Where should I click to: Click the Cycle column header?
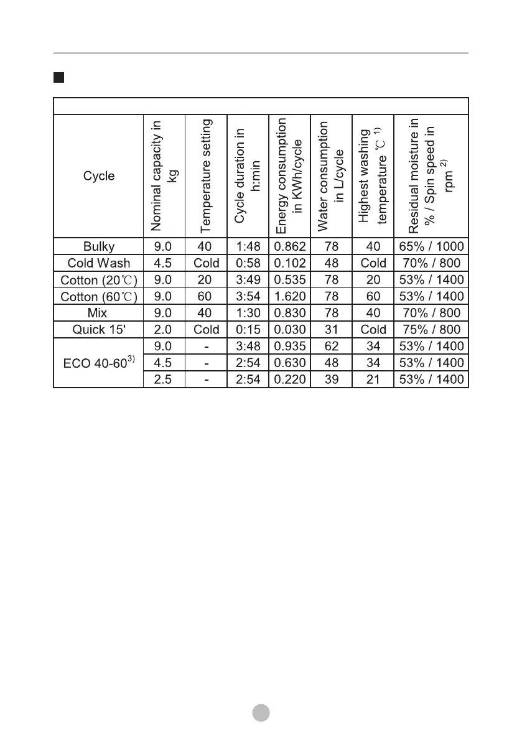99,175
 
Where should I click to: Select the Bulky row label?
99,246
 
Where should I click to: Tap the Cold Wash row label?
99,263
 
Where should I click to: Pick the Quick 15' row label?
99,330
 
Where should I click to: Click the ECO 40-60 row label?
99,362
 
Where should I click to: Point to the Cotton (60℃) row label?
99,297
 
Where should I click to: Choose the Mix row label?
99,313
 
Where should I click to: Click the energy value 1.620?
290,297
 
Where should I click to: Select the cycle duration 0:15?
248,330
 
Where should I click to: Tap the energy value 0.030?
290,330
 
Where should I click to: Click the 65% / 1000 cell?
431,246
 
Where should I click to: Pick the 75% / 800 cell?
431,330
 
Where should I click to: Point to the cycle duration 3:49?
248,280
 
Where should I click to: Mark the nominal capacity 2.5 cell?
164,379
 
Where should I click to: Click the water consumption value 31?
331,330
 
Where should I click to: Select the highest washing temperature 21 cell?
373,379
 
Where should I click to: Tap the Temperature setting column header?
206,175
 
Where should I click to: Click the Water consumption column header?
331,175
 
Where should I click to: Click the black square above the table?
58,78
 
